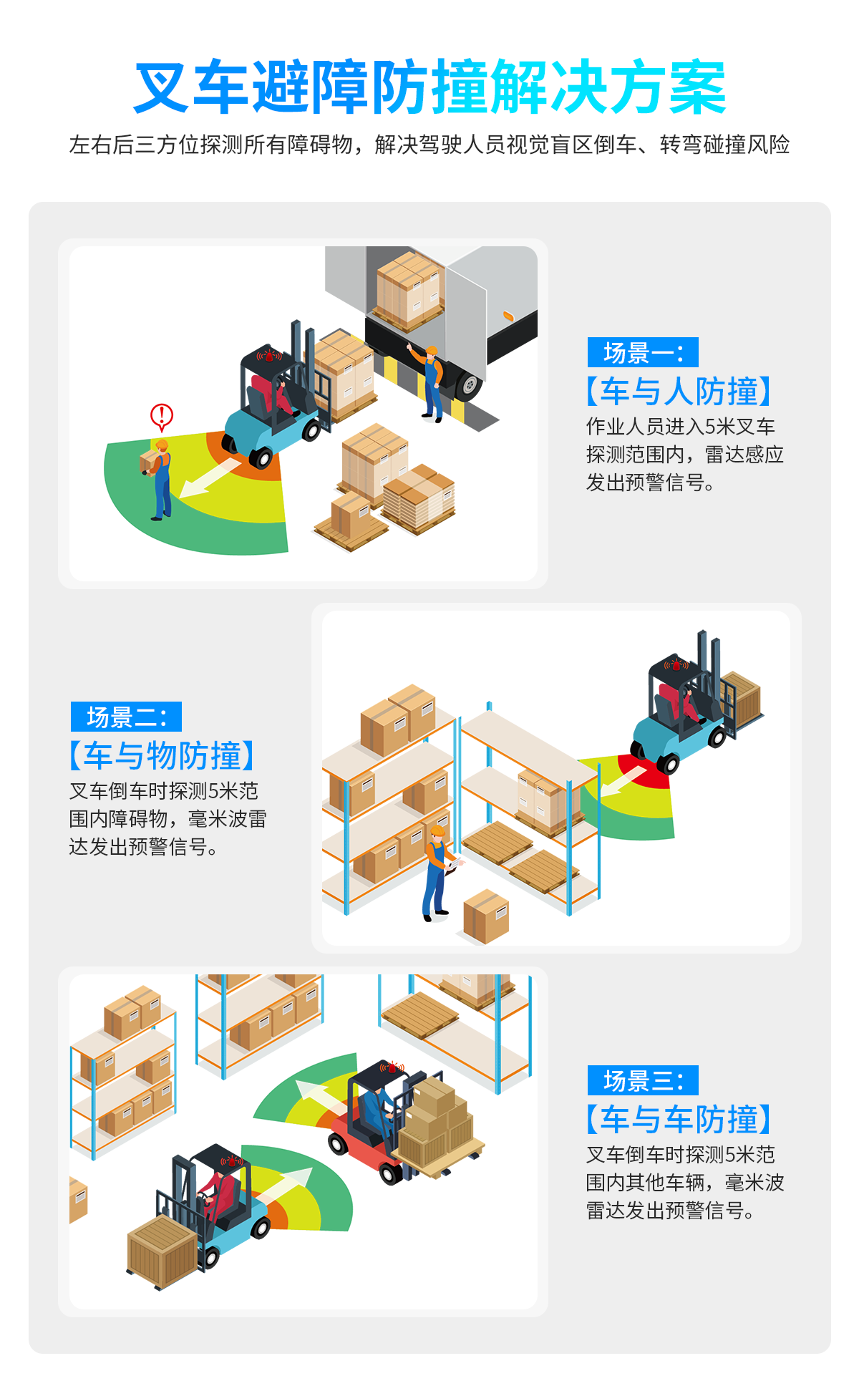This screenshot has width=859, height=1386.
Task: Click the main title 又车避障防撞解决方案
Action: pyautogui.click(x=429, y=87)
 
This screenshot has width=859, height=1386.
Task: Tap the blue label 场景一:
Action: pyautogui.click(x=643, y=352)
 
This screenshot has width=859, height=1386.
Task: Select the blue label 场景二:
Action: pyautogui.click(x=126, y=717)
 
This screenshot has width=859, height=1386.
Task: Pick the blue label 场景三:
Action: pyautogui.click(x=643, y=1080)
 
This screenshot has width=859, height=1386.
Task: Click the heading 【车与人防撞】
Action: pyautogui.click(x=679, y=392)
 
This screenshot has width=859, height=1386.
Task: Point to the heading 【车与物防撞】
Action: pyautogui.click(x=162, y=756)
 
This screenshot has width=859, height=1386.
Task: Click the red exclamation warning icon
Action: pyautogui.click(x=162, y=415)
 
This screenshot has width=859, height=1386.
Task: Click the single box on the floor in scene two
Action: pyautogui.click(x=486, y=916)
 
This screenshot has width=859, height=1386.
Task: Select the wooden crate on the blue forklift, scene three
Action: pyautogui.click(x=162, y=1249)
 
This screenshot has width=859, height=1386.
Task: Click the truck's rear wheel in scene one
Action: pyautogui.click(x=469, y=386)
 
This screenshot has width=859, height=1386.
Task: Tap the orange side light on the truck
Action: pyautogui.click(x=509, y=315)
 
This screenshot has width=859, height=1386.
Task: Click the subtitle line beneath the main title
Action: pyautogui.click(x=429, y=145)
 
